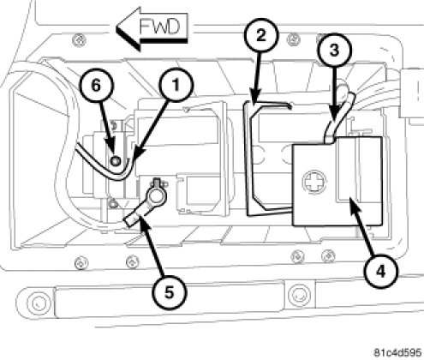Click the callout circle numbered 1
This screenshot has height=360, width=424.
[x=176, y=85]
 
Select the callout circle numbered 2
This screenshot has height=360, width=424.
[x=260, y=36]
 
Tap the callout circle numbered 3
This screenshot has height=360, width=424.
[x=334, y=51]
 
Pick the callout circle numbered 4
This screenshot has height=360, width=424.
[x=381, y=271]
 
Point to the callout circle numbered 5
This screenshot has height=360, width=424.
[x=170, y=292]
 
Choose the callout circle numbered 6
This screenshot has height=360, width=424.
[x=96, y=86]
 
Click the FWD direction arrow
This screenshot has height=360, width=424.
[x=152, y=29]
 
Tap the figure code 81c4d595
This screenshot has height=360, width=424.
[x=398, y=352]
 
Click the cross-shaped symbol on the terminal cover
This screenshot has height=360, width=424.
[x=314, y=182]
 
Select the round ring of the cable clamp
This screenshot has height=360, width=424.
[x=155, y=195]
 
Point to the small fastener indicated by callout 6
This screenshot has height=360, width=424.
[x=116, y=161]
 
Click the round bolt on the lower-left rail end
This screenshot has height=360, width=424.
[x=39, y=303]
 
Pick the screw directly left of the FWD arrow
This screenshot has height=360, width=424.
[x=79, y=40]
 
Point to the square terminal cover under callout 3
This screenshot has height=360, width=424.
[x=337, y=181]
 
